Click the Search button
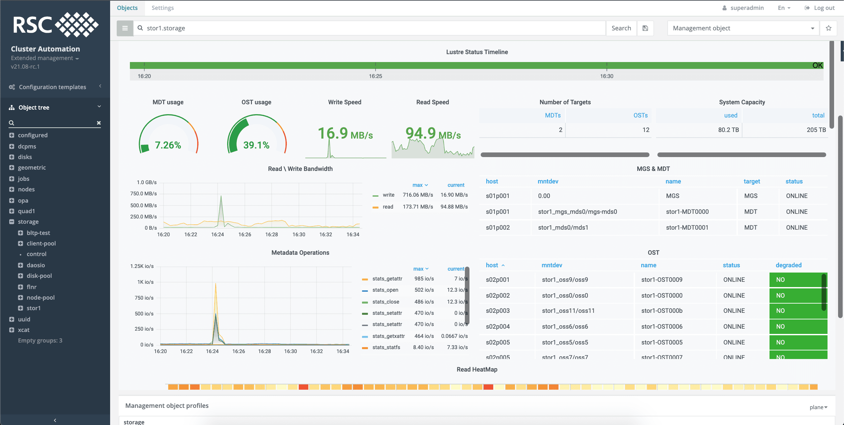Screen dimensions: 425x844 pyautogui.click(x=621, y=28)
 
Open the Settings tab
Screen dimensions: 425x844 pyautogui.click(x=163, y=8)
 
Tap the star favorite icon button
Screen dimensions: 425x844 pyautogui.click(x=829, y=28)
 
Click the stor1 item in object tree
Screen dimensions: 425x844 pyautogui.click(x=34, y=308)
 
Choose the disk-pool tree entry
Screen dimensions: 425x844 pyautogui.click(x=39, y=276)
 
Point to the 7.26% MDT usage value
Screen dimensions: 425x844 pyautogui.click(x=168, y=145)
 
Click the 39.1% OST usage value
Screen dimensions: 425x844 pyautogui.click(x=256, y=145)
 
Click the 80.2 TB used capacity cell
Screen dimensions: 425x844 pyautogui.click(x=728, y=130)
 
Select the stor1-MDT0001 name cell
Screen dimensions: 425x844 pyautogui.click(x=687, y=228)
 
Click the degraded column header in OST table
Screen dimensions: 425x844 pyautogui.click(x=788, y=265)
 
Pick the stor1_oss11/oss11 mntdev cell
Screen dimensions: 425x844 pyautogui.click(x=568, y=311)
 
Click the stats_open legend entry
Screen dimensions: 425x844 pyautogui.click(x=385, y=290)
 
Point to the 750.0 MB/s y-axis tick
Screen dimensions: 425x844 pyautogui.click(x=143, y=194)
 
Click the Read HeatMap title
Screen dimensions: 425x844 pyautogui.click(x=477, y=370)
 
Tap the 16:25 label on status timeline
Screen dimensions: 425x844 pyautogui.click(x=375, y=76)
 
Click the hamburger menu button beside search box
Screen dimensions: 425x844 pyautogui.click(x=125, y=28)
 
